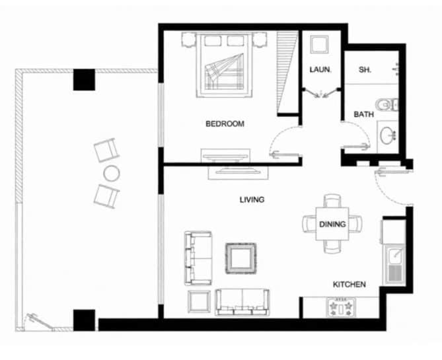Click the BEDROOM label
click(x=225, y=124)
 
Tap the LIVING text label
click(x=252, y=199)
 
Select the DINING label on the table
click(x=332, y=224)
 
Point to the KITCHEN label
click(x=350, y=285)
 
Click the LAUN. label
click(x=320, y=69)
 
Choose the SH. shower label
click(x=365, y=69)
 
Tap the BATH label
click(x=363, y=114)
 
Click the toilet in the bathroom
click(x=387, y=105)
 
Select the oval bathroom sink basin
click(x=386, y=135)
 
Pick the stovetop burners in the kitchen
click(x=342, y=306)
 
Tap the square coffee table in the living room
click(x=240, y=258)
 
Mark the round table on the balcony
click(x=112, y=173)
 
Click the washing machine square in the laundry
click(x=319, y=44)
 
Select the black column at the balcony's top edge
click(x=84, y=80)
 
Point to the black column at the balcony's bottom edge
click(x=84, y=320)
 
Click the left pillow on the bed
click(x=213, y=40)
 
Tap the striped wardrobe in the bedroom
click(x=287, y=73)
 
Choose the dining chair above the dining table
click(x=332, y=201)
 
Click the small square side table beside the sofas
click(x=199, y=302)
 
